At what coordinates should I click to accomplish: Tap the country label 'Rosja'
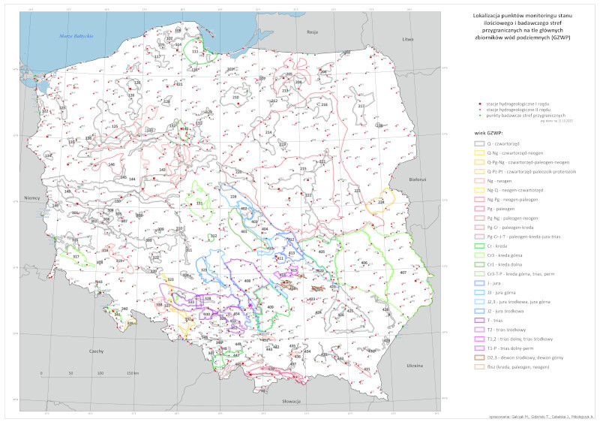point(313,32)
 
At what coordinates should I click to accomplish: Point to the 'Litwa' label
point(408,38)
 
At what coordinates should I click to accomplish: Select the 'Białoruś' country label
point(418,179)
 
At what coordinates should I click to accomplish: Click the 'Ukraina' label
point(415,366)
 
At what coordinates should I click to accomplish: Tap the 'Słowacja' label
point(291,402)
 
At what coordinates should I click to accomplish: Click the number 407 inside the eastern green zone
point(403,272)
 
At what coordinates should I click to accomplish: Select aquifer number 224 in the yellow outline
point(381,202)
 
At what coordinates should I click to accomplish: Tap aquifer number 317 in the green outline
point(76,257)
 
